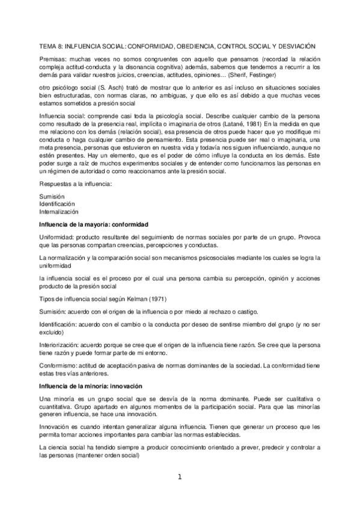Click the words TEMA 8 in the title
coord(49,46)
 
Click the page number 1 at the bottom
coord(180,478)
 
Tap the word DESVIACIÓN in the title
coord(302,46)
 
